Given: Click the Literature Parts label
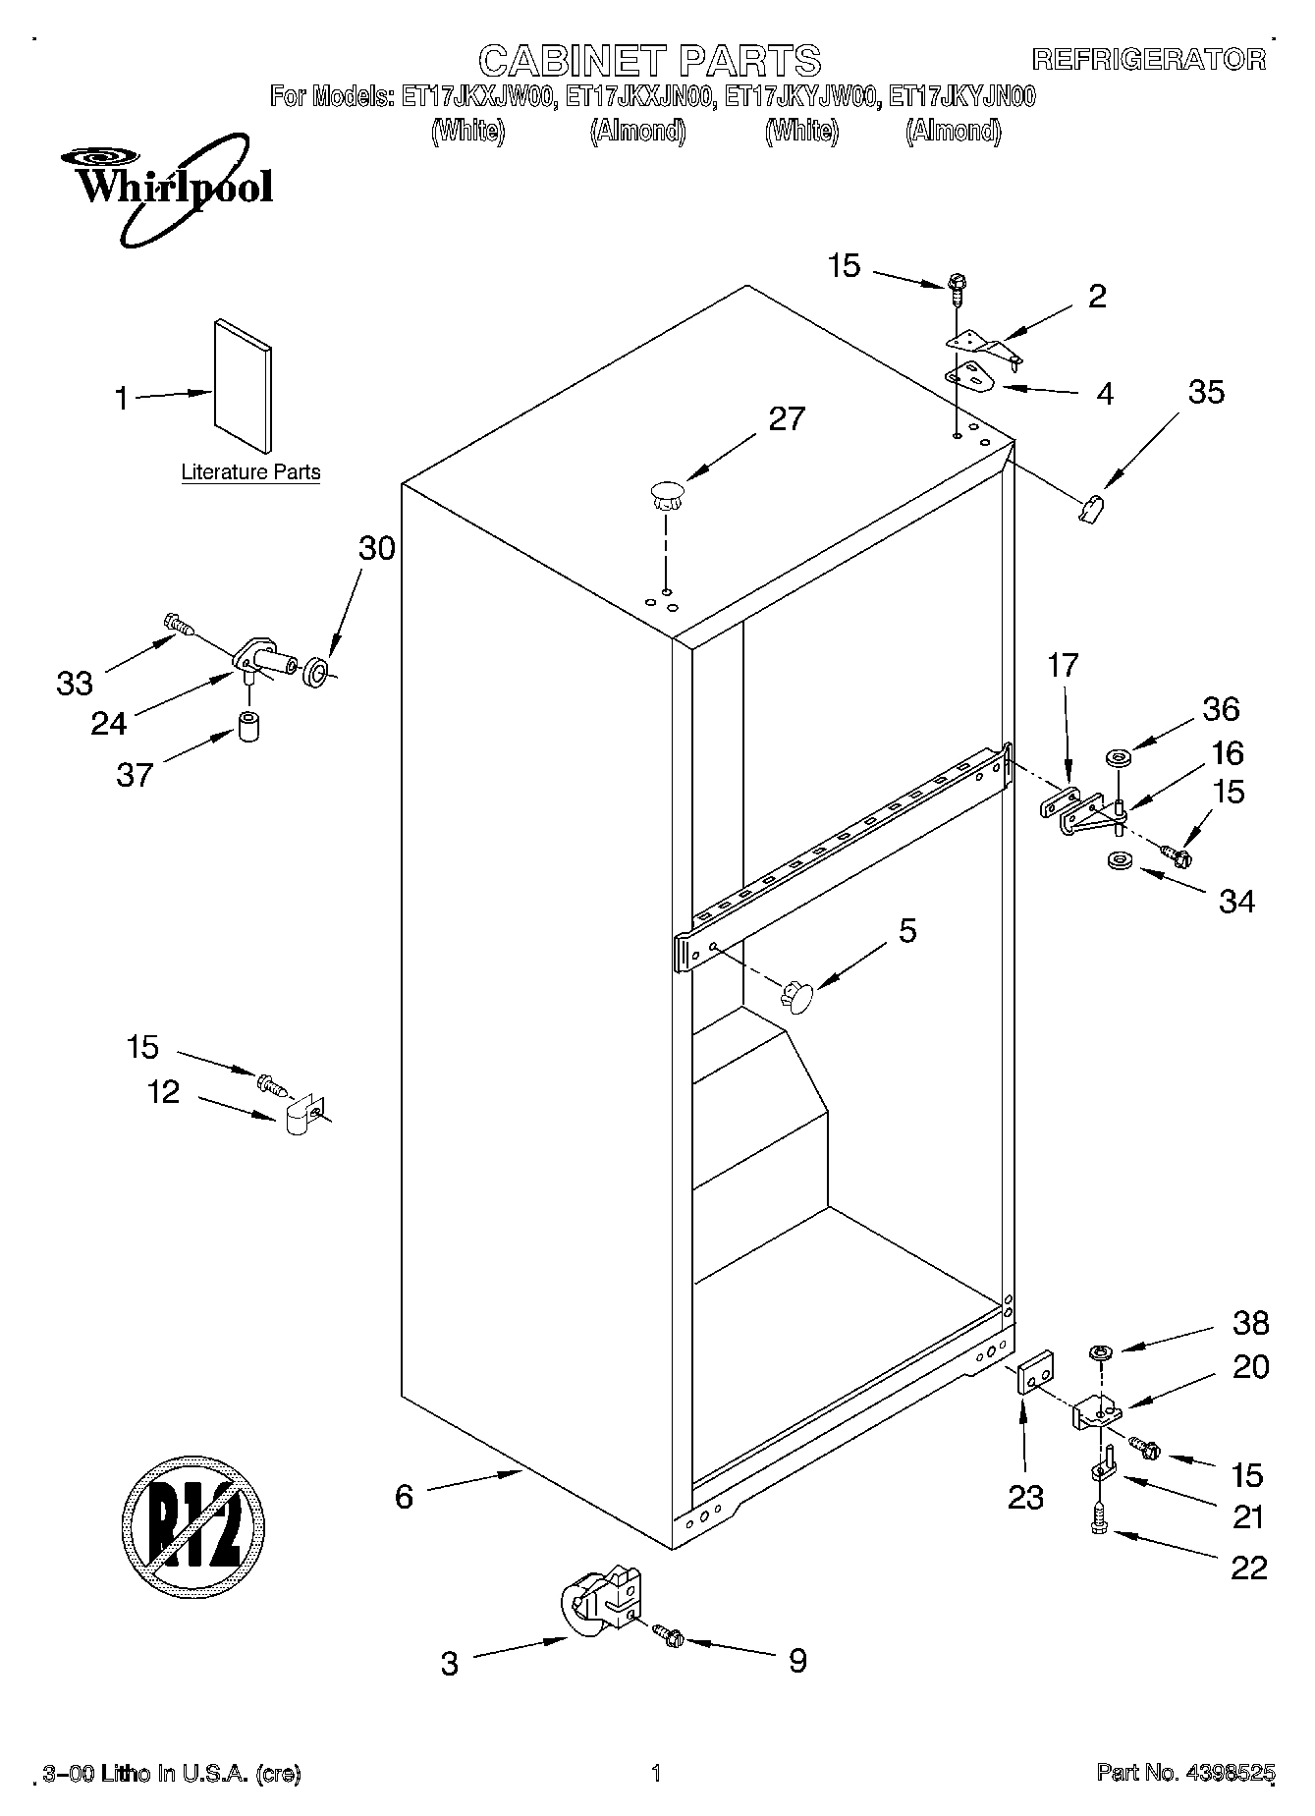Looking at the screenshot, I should pos(250,472).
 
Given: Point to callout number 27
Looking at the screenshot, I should pos(786,419).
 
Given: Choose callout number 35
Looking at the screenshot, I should pos(1205,393).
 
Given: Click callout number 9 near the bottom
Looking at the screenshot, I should pos(796,1660).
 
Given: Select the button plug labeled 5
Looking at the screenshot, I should pos(797,997).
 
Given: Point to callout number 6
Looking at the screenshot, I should pos(404,1496).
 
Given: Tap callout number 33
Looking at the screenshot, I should pos(75,683).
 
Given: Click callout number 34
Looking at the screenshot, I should pos(1235,901).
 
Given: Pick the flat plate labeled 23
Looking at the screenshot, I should pos(1034,1370).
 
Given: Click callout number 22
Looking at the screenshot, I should pos(1248,1568).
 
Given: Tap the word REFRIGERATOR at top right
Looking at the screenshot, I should pos(1149,60).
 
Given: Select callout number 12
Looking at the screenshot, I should pos(164,1091).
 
